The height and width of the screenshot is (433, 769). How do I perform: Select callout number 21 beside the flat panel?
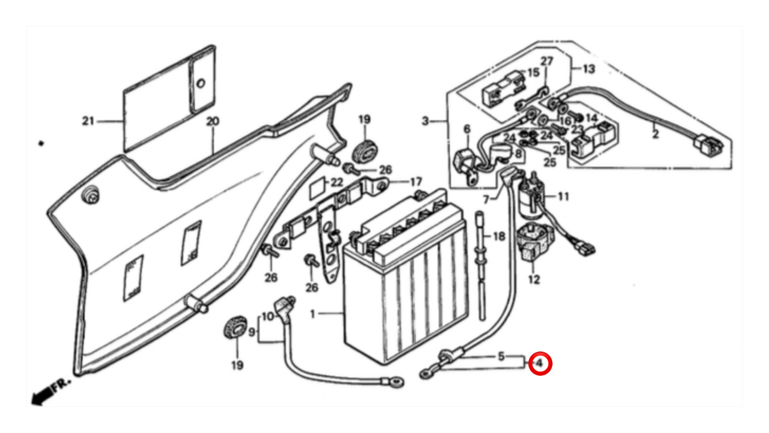click(x=88, y=121)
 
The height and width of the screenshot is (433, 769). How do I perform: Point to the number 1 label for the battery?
click(x=313, y=314)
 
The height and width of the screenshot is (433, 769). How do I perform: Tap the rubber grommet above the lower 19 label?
click(x=234, y=328)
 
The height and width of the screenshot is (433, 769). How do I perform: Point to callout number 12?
click(x=534, y=279)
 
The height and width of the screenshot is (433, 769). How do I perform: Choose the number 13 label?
click(x=588, y=69)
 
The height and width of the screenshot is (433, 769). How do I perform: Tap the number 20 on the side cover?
click(x=213, y=121)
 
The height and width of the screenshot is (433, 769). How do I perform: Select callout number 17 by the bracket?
click(x=416, y=182)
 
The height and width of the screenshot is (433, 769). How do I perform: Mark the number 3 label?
click(x=425, y=121)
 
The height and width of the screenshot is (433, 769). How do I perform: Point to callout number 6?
click(x=467, y=128)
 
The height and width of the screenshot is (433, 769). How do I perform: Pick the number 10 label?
click(x=268, y=316)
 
